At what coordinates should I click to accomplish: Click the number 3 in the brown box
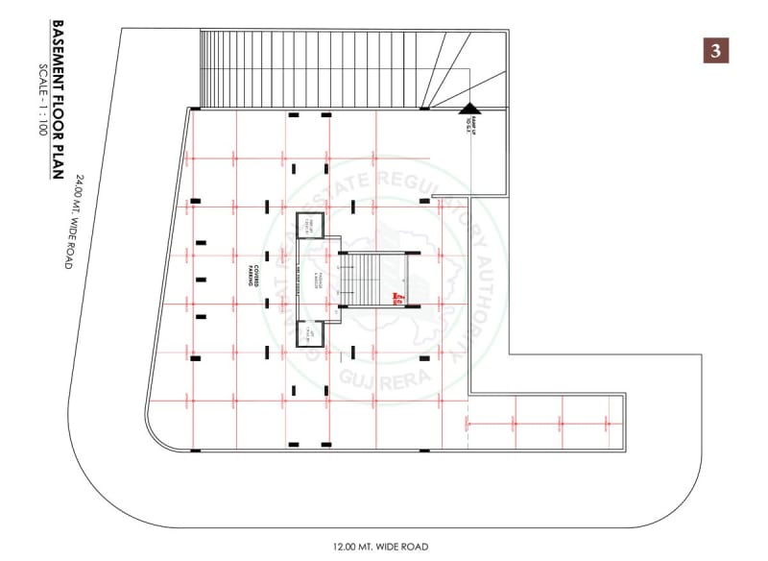(x=715, y=50)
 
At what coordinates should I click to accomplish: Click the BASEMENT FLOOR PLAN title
(x=59, y=100)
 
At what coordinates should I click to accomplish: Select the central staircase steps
(x=372, y=280)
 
